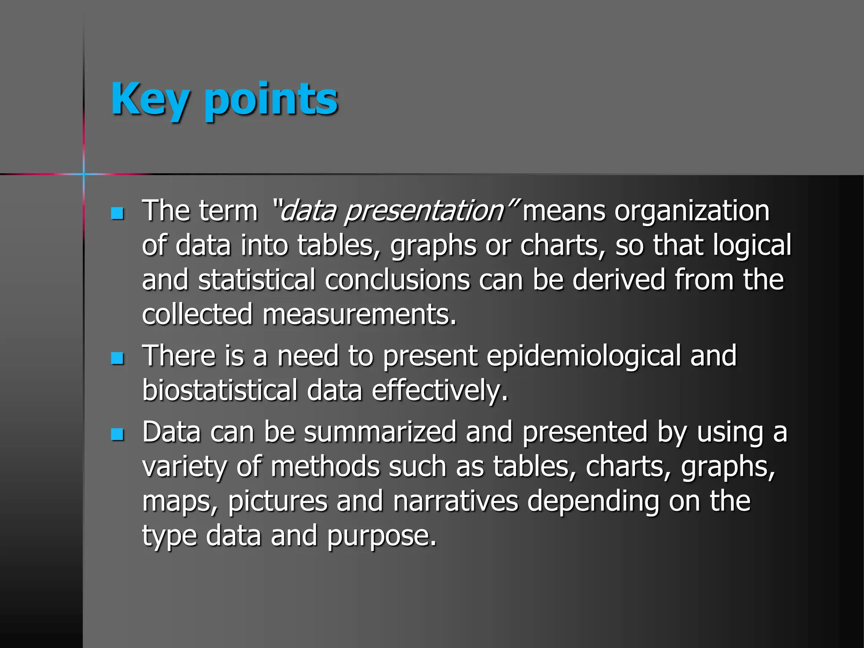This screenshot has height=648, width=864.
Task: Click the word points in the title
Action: pos(271,100)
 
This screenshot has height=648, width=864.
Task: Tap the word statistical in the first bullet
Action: pos(256,280)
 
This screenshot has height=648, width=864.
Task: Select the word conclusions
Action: pos(397,280)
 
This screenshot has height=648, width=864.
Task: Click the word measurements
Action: pos(359,315)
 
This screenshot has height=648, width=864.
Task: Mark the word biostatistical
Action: pos(220,390)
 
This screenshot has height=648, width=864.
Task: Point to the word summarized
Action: pos(380,432)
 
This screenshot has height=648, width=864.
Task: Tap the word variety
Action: pos(184,467)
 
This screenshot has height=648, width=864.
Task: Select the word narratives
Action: pos(456,502)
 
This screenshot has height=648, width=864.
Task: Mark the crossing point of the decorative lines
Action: pos(84,174)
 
